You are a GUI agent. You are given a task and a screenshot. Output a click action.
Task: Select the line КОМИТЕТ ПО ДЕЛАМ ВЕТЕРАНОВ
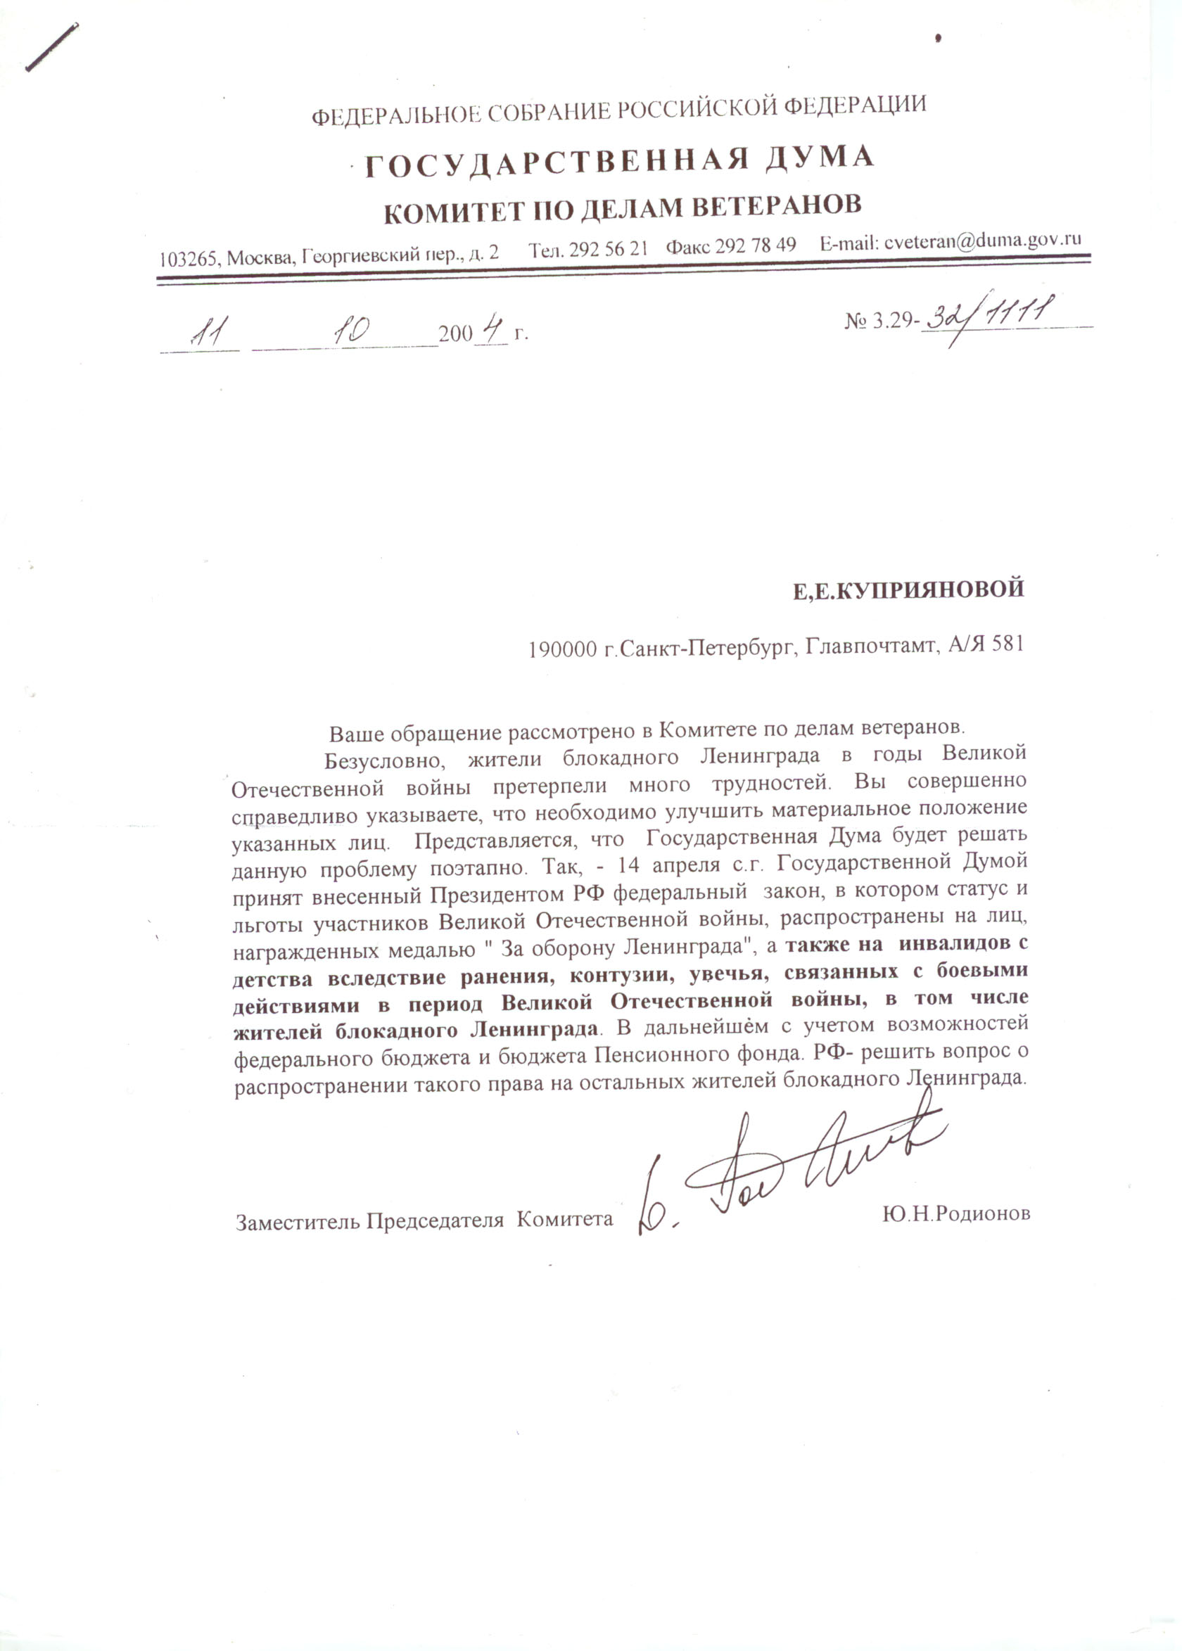click(622, 208)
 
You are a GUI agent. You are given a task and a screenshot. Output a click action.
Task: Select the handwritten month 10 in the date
click(350, 332)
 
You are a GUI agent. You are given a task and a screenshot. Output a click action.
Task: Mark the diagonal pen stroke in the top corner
click(51, 47)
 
